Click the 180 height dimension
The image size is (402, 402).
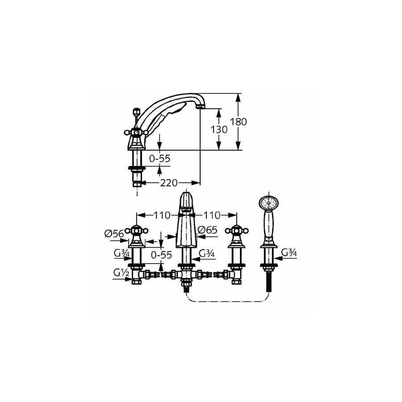[238, 121]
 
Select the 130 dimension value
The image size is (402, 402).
[219, 130]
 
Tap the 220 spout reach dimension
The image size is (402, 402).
[169, 183]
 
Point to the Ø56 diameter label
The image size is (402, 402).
[114, 234]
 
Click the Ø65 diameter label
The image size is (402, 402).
[208, 230]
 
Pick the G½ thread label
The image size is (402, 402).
[121, 273]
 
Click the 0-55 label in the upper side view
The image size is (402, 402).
[159, 159]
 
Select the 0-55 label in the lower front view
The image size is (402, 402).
[161, 255]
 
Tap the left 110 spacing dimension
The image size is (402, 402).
[162, 215]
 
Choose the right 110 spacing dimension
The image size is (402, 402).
[212, 215]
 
